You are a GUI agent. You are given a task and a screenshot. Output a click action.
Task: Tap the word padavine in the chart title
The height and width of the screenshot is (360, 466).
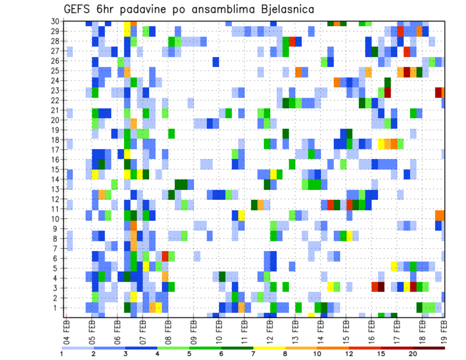[155, 9]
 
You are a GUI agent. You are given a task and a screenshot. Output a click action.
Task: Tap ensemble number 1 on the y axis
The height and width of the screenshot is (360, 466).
[58, 307]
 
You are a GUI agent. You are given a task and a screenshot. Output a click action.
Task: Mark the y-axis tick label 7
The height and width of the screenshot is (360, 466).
[58, 248]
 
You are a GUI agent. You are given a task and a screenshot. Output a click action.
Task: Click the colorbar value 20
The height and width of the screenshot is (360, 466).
[413, 354]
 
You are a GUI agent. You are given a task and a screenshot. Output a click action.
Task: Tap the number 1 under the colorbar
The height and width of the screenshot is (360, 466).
[62, 354]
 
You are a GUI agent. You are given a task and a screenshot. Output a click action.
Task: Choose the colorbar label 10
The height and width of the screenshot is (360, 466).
[316, 354]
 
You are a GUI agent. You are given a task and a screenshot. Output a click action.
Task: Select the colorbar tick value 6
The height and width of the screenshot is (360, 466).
[221, 354]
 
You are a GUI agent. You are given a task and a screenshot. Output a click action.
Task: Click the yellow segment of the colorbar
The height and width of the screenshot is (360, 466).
[269, 348]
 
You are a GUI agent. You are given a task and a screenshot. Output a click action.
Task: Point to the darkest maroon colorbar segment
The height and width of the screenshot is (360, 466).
[429, 348]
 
